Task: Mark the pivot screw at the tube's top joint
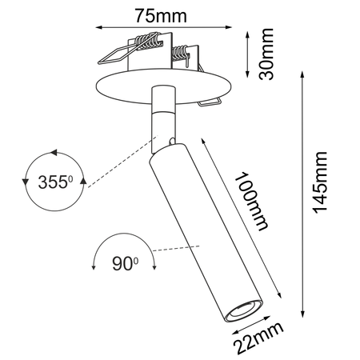(172, 142)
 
